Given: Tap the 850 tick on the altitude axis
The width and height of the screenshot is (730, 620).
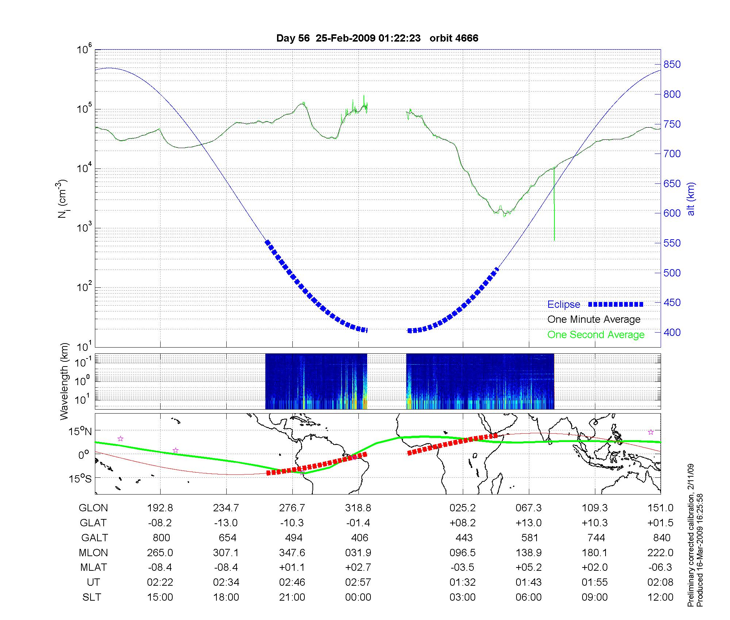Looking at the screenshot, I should (x=672, y=65).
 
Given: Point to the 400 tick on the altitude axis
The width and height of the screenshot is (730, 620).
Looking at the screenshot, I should (x=672, y=332).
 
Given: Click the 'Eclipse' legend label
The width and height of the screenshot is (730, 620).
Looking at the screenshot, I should (x=564, y=305).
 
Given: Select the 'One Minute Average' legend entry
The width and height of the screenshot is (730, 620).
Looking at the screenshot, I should (x=594, y=319).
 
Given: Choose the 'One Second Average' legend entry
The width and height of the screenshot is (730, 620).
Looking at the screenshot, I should (x=596, y=335).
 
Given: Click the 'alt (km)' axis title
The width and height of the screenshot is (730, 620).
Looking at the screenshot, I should (x=691, y=199).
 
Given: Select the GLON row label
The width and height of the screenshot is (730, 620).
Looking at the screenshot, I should (x=93, y=508).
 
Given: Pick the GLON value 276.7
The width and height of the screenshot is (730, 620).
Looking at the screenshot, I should (x=292, y=508).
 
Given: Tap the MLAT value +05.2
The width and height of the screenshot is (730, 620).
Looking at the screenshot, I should (x=529, y=567).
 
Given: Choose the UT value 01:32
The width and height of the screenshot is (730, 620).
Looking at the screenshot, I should (x=462, y=582).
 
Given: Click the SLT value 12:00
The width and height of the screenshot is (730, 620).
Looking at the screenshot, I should (x=660, y=597).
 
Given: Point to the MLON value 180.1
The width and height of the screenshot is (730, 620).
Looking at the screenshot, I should (x=595, y=553).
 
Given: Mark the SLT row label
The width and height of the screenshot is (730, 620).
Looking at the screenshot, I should (x=92, y=597).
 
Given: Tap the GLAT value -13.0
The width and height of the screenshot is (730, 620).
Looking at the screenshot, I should (x=226, y=523).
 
